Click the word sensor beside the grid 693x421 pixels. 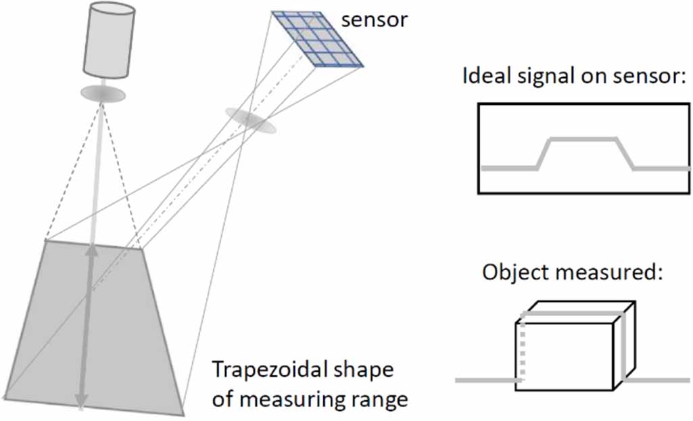click(x=375, y=20)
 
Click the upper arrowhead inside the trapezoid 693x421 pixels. click(x=92, y=252)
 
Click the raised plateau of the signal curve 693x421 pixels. click(x=582, y=139)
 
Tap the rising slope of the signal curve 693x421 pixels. click(x=544, y=154)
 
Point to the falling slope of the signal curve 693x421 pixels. click(x=625, y=154)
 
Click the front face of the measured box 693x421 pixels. click(x=568, y=355)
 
